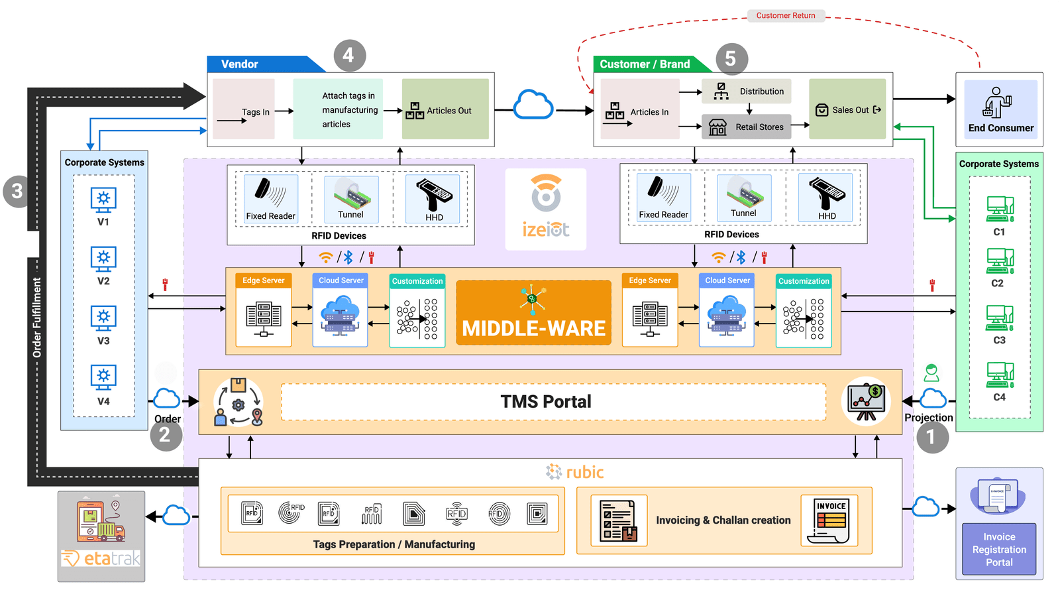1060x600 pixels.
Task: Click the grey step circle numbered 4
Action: coord(349,56)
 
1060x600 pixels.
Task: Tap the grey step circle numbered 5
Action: coord(731,59)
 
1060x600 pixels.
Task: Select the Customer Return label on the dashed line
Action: coord(786,15)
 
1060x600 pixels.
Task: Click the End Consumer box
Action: coord(1000,109)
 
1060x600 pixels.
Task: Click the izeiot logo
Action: coord(545,209)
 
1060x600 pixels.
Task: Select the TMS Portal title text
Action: coord(545,402)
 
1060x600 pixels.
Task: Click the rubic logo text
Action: coord(575,472)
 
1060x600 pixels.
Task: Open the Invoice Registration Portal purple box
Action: coord(999,549)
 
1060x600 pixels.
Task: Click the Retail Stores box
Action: coord(747,127)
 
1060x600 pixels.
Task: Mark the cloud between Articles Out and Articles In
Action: coord(533,105)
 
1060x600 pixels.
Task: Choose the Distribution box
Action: coord(747,91)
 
